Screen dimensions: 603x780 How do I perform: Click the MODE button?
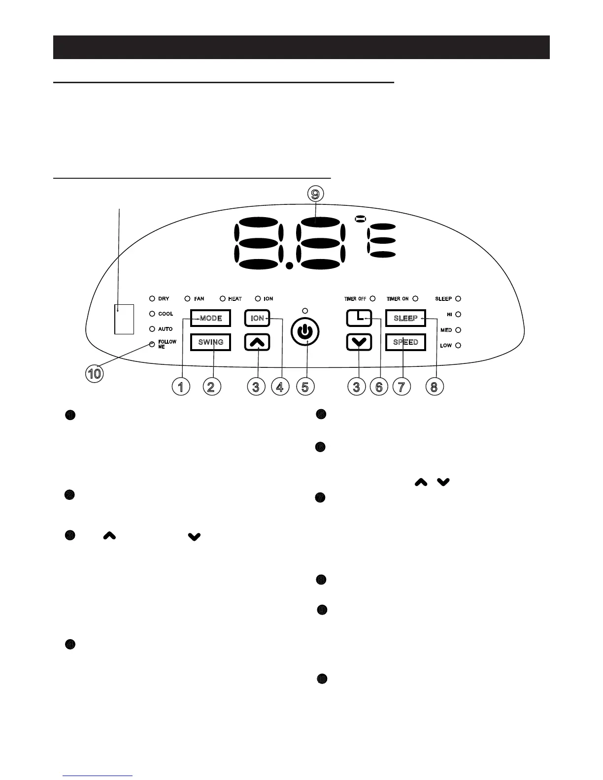[x=210, y=318]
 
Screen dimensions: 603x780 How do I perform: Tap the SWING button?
[x=210, y=342]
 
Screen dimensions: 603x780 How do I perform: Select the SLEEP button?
[x=405, y=318]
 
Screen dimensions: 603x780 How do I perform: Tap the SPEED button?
[x=405, y=342]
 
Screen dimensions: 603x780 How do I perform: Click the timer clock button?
[x=359, y=318]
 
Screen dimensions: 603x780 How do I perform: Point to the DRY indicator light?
[x=152, y=298]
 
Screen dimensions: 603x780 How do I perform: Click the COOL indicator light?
[x=152, y=314]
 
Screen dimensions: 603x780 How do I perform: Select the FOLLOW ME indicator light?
[x=152, y=344]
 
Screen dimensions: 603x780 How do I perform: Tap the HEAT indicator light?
[x=223, y=298]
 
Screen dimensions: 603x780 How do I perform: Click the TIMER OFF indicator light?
[x=372, y=298]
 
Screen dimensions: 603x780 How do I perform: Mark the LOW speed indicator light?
[x=458, y=346]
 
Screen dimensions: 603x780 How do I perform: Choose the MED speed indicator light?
[x=458, y=330]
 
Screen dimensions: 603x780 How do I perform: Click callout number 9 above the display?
[x=315, y=194]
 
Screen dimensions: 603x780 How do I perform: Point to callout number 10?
[x=94, y=374]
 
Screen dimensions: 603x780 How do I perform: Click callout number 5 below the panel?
[x=305, y=387]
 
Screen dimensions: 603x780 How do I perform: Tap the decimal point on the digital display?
[x=290, y=265]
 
